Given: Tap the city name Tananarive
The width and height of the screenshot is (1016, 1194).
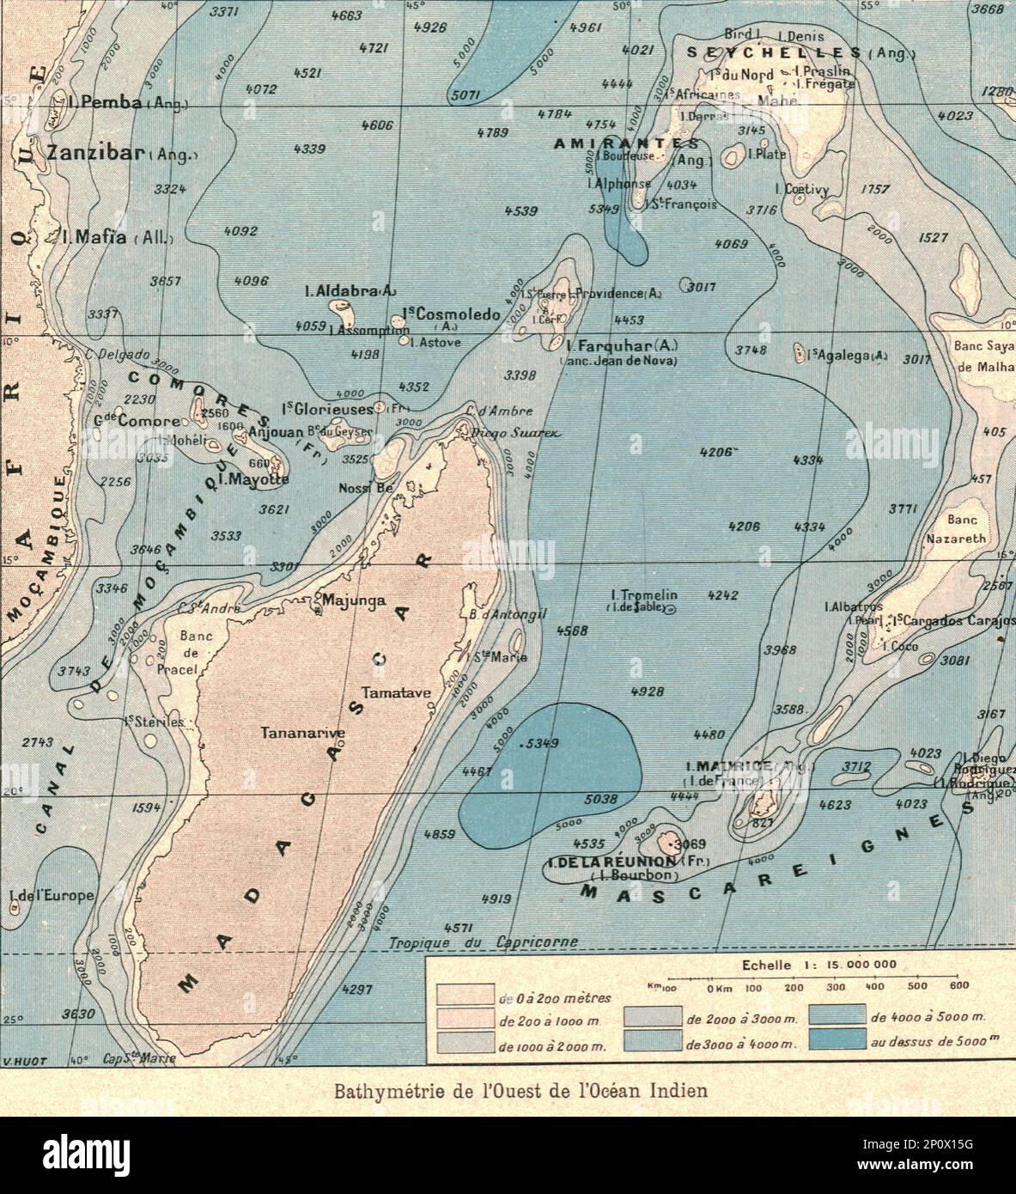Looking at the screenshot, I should point(304,733).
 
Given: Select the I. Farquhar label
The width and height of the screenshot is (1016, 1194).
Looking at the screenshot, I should point(623,345).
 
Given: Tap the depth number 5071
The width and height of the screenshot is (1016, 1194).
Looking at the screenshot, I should point(465,95).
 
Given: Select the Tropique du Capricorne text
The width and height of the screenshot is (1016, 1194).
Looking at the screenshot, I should point(484,942).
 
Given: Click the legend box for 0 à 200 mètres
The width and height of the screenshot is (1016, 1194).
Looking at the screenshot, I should point(465,996).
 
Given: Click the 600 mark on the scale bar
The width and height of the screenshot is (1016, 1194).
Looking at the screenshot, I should point(959,985).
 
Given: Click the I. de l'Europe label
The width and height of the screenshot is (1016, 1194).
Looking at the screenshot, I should point(51,896).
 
